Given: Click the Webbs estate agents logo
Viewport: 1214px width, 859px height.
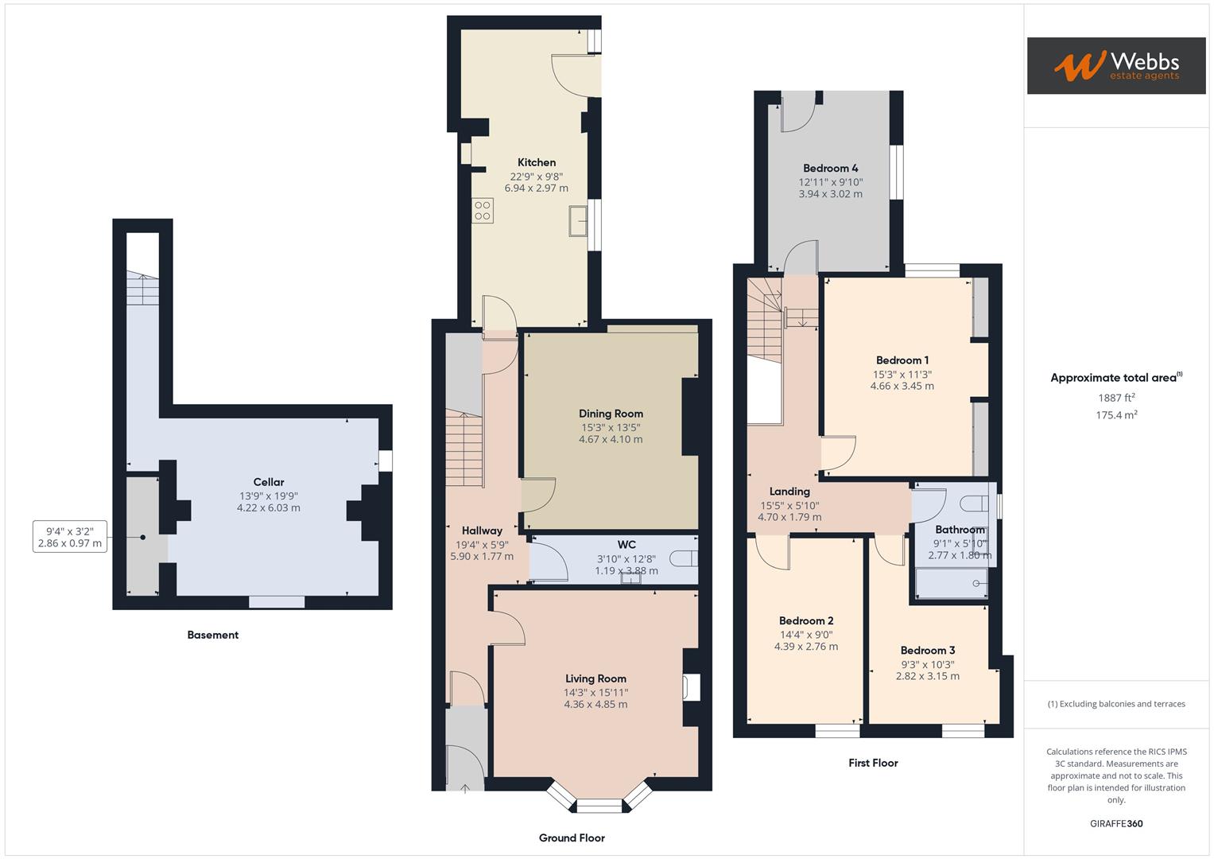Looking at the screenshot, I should pos(1115,65).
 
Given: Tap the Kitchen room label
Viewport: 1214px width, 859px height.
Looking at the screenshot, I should pos(537,162).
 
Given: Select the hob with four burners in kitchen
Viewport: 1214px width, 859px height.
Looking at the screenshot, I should pos(483,210).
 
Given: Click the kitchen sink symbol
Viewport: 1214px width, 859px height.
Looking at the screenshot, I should pos(578,220).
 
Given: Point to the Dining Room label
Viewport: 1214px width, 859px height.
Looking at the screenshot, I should pos(611,414).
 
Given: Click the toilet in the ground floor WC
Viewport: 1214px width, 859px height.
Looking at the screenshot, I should pos(682,558).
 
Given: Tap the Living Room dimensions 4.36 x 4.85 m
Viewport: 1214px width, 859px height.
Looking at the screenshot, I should pos(595,704).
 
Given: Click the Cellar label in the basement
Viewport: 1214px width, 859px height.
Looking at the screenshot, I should pos(269,482).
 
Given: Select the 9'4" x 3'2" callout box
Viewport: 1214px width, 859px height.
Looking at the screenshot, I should pos(70,537).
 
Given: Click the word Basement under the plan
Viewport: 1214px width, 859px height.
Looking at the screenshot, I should pos(212,635).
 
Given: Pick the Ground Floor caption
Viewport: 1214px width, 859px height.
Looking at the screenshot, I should pos(572,838).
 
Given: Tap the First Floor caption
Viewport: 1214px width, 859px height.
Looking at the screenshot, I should pos(873,763).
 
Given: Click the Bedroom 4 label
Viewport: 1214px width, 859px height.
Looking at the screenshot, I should pos(830,168).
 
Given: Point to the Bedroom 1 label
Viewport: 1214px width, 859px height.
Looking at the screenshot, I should pos(902,360).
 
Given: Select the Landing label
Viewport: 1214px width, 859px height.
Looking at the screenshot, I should pos(789,492).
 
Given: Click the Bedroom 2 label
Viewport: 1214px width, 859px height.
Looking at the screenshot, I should pos(806,620).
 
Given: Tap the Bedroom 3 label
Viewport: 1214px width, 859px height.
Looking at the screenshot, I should pos(928,650).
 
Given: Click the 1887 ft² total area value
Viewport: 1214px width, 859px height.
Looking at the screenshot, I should pos(1116,398).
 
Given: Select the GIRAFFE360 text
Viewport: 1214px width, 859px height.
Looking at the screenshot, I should pos(1116,823).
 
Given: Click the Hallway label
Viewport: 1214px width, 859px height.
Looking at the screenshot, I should pos(482,531).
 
